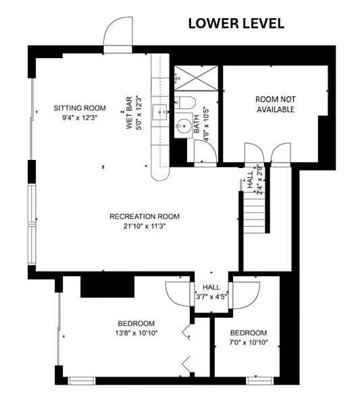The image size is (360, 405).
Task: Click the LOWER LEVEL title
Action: [236, 24]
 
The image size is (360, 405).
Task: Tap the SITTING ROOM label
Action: [80, 108]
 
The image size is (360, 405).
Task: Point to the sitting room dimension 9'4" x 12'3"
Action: [80, 118]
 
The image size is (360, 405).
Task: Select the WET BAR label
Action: [129, 113]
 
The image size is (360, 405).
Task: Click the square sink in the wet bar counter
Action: [159, 112]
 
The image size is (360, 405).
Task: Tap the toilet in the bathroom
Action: [185, 103]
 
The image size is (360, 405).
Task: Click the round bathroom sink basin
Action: [184, 126]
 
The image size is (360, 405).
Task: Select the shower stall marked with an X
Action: [196, 78]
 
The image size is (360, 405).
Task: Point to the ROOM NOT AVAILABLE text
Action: [276, 105]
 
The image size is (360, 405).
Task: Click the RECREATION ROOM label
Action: [145, 217]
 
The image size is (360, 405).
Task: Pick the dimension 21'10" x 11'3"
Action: [145, 226]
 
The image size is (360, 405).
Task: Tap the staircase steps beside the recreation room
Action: [255, 213]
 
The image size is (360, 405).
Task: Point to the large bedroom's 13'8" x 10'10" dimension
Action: [136, 333]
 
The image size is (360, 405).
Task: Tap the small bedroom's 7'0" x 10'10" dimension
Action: [249, 343]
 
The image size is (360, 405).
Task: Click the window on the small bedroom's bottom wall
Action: [260, 381]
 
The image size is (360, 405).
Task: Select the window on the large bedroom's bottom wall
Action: [82, 381]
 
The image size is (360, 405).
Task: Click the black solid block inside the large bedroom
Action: [107, 287]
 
